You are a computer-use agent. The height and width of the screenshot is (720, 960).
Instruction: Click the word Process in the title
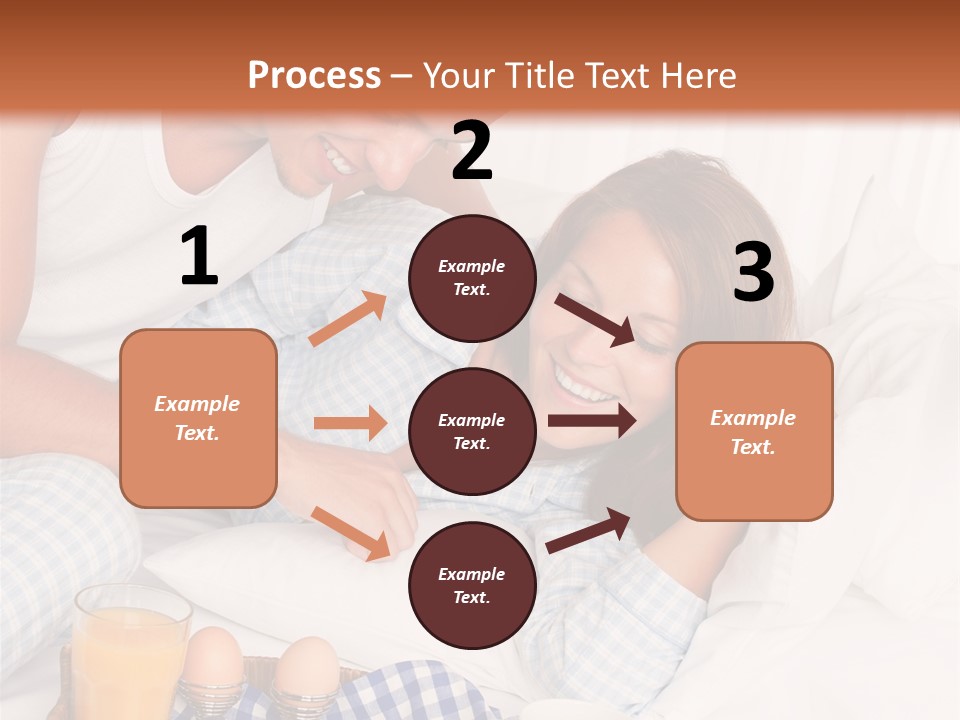(x=314, y=75)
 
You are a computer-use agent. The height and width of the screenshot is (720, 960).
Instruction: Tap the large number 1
(x=199, y=256)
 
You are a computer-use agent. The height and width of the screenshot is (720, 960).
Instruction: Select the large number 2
(x=472, y=151)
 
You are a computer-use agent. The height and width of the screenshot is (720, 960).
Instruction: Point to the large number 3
(x=753, y=273)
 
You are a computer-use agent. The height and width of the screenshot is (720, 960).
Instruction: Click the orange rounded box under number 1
(x=198, y=418)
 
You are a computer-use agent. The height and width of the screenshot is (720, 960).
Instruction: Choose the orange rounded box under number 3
(x=754, y=431)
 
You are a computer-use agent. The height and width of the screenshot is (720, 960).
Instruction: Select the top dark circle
(x=472, y=278)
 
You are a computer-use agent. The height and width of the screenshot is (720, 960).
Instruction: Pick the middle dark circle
(x=472, y=431)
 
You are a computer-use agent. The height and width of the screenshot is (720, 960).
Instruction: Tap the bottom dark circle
(x=472, y=585)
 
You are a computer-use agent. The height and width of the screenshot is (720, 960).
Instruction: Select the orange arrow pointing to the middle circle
(x=350, y=423)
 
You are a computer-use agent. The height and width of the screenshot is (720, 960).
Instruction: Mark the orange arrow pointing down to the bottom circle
(x=351, y=533)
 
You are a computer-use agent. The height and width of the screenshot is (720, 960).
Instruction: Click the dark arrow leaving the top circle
(x=596, y=319)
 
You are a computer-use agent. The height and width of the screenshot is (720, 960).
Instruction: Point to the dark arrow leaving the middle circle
(x=592, y=420)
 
